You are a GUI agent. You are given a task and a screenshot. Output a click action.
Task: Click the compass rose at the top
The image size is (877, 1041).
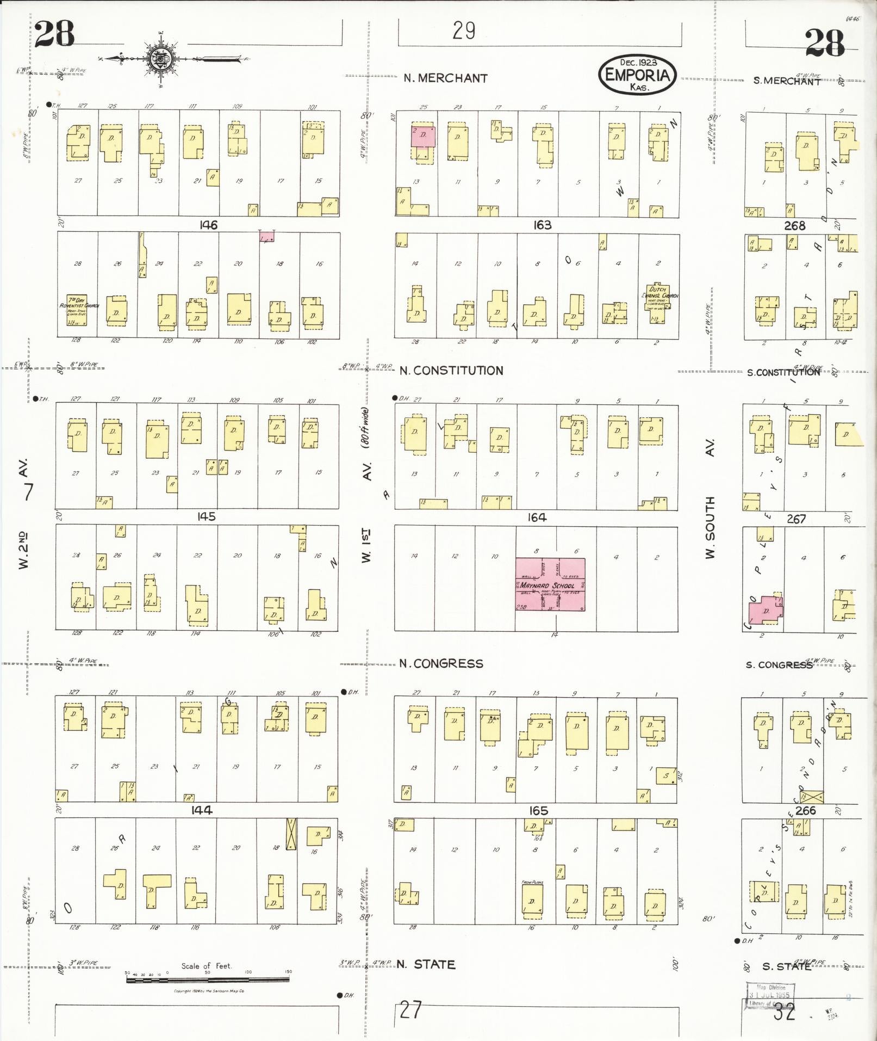tap(162, 58)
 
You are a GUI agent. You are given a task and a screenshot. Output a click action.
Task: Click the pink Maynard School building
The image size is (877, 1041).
tap(550, 584)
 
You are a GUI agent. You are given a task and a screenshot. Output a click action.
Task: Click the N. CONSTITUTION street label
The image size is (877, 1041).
tap(451, 371)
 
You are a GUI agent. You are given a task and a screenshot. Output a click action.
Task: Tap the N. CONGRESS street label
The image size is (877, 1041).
tap(441, 663)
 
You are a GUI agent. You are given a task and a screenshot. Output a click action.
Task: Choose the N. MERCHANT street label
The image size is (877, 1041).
tap(445, 78)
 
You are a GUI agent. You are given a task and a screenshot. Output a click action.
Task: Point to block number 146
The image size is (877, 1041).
tap(208, 225)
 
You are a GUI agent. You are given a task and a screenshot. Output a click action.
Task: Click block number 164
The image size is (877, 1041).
tap(537, 518)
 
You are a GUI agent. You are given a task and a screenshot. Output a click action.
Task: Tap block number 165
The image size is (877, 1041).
tap(538, 811)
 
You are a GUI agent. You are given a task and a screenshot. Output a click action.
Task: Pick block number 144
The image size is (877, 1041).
tap(201, 810)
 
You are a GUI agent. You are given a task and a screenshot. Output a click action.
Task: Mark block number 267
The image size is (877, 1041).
tap(796, 519)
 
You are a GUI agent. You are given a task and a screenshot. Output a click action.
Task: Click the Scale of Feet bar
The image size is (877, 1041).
tap(208, 979)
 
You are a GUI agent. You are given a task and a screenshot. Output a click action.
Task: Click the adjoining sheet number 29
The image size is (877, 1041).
tap(464, 31)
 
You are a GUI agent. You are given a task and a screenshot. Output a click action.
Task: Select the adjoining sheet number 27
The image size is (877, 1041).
tap(410, 1009)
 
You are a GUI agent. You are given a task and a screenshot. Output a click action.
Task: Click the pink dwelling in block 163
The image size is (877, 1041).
tap(423, 136)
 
